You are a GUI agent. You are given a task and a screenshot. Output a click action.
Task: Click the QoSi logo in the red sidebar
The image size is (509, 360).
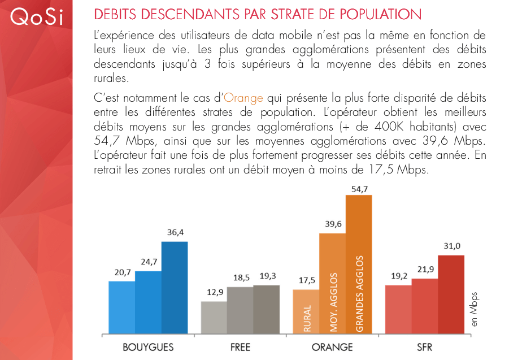pos(36,17)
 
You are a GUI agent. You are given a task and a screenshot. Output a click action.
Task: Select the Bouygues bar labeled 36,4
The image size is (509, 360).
pos(175,287)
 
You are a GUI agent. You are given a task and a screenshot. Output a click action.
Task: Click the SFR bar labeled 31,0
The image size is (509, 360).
pos(451,294)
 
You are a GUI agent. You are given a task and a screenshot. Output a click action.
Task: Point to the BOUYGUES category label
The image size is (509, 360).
pos(148,346)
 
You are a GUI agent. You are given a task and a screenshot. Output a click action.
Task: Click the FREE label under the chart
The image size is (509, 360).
pos(240,346)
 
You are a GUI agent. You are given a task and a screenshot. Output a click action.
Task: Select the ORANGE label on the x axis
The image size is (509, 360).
pos(332,346)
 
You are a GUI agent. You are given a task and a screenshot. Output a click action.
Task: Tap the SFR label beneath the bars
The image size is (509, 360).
pos(424,346)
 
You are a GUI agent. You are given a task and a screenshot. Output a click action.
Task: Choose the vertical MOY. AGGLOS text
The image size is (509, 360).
pos(333,303)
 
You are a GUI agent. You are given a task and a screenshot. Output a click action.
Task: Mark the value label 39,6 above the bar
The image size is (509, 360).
pos(333,224)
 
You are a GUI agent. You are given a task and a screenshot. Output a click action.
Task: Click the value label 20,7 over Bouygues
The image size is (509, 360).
pos(121,272)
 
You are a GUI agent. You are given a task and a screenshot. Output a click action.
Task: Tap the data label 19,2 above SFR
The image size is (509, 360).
pos(398,277)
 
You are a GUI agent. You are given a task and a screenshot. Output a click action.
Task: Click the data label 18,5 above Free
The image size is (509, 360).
pos(240,277)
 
